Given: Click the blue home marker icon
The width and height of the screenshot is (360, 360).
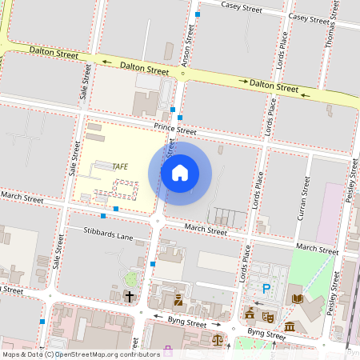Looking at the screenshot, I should [180, 172].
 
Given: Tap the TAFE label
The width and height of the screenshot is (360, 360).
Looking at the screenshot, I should [120, 166].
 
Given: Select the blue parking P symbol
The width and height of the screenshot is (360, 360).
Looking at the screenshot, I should [266, 289].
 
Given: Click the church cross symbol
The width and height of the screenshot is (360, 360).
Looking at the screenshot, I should [130, 297].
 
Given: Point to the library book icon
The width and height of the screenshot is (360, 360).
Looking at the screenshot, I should [298, 298].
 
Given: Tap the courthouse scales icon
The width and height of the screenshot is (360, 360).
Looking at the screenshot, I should [216, 340].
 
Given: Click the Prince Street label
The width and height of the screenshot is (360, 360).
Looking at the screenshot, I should [175, 130].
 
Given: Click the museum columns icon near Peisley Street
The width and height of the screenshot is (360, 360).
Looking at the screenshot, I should [290, 326].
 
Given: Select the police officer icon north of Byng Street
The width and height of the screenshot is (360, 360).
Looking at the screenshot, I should [178, 302].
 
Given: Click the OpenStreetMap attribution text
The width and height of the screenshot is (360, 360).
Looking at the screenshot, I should [80, 354].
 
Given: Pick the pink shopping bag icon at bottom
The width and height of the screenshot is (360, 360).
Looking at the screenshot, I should [167, 350].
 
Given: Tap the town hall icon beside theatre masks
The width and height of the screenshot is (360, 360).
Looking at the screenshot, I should [250, 313].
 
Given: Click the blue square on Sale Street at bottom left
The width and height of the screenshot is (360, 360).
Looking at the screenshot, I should [42, 320].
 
